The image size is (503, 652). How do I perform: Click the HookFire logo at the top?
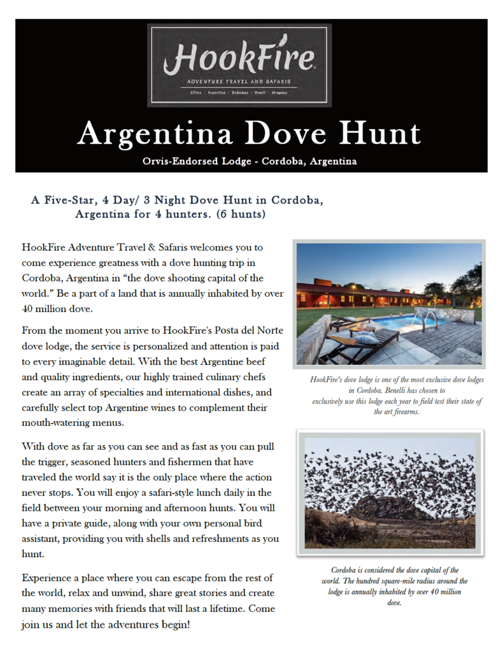pyautogui.click(x=239, y=64)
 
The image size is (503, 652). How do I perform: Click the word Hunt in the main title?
pyautogui.click(x=379, y=133)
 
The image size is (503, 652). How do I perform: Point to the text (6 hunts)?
pyautogui.click(x=241, y=214)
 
